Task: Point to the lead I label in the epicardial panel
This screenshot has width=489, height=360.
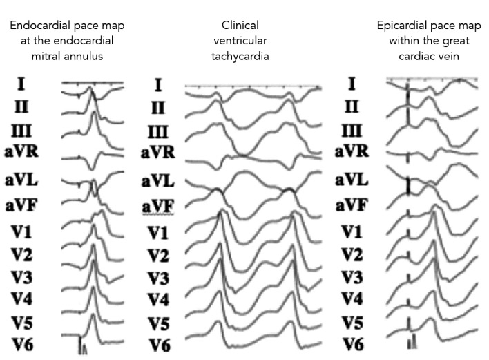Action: click(x=352, y=84)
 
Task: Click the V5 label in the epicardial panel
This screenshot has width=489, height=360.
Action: click(x=352, y=322)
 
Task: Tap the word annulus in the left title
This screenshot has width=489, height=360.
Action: click(x=87, y=56)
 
